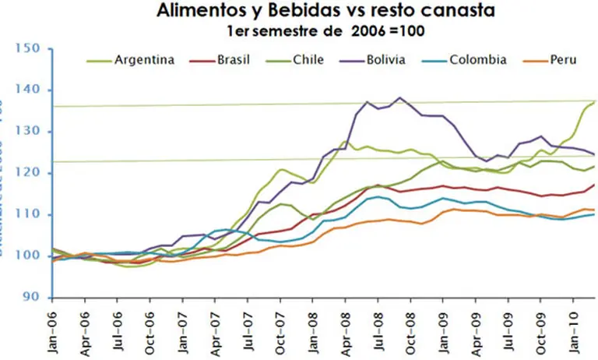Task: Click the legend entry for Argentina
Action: pyautogui.click(x=144, y=59)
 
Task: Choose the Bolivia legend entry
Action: pyautogui.click(x=385, y=59)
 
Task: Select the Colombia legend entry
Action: pyautogui.click(x=478, y=59)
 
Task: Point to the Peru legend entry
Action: pyautogui.click(x=560, y=59)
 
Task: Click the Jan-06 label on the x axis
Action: pyautogui.click(x=54, y=330)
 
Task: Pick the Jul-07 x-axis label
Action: pyautogui.click(x=248, y=330)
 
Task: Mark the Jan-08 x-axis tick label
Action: pyautogui.click(x=313, y=330)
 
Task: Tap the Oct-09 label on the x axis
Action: pyautogui.click(x=541, y=330)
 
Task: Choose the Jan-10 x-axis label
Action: pyautogui.click(x=574, y=330)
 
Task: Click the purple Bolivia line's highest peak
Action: pyautogui.click(x=399, y=98)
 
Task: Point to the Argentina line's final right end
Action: pyautogui.click(x=595, y=101)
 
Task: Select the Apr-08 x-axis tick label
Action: pyautogui.click(x=346, y=330)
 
